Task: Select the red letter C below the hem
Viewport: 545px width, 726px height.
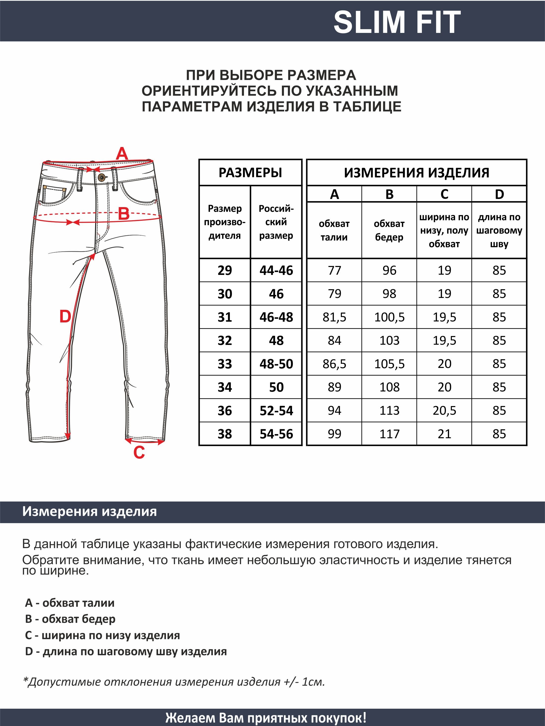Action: pos(139,452)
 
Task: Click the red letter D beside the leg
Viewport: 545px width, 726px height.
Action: pos(65,316)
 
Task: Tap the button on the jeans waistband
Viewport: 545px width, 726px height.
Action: pos(102,177)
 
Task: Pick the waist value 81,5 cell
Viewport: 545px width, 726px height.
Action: pos(334,317)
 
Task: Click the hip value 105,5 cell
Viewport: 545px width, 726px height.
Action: pos(389,364)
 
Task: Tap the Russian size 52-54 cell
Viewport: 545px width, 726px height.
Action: pos(276,411)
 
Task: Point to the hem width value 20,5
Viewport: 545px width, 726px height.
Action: pos(444,411)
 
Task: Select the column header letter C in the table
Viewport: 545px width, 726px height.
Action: pos(444,194)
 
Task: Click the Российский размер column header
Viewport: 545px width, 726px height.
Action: pos(276,222)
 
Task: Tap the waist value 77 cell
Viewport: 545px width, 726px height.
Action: pos(334,270)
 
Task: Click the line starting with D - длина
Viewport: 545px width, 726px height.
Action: pos(126,651)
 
